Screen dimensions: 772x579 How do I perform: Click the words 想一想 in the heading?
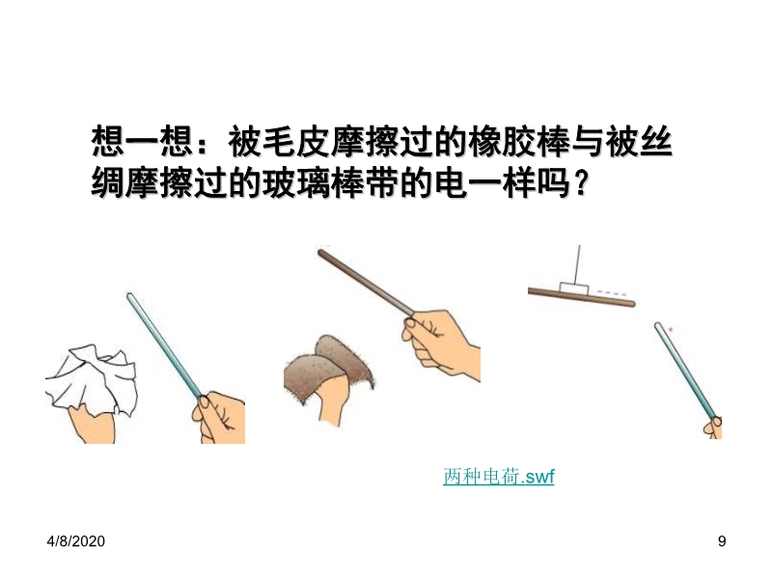(x=142, y=142)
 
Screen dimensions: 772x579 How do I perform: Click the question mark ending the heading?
(x=582, y=183)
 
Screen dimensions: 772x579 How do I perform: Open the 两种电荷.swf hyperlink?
(x=499, y=477)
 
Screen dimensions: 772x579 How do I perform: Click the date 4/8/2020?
(x=76, y=541)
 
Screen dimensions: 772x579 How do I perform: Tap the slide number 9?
(x=722, y=541)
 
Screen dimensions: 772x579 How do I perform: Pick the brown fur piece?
(x=329, y=371)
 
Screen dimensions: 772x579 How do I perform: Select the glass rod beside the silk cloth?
(x=164, y=345)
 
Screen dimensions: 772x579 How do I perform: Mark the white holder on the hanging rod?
(x=574, y=289)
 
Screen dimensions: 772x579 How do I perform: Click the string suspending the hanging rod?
(x=578, y=263)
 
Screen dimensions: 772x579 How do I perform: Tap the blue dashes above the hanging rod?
(x=612, y=293)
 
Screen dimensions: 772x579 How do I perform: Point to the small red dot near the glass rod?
(x=670, y=329)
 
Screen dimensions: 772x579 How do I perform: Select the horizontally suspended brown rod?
(x=582, y=297)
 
